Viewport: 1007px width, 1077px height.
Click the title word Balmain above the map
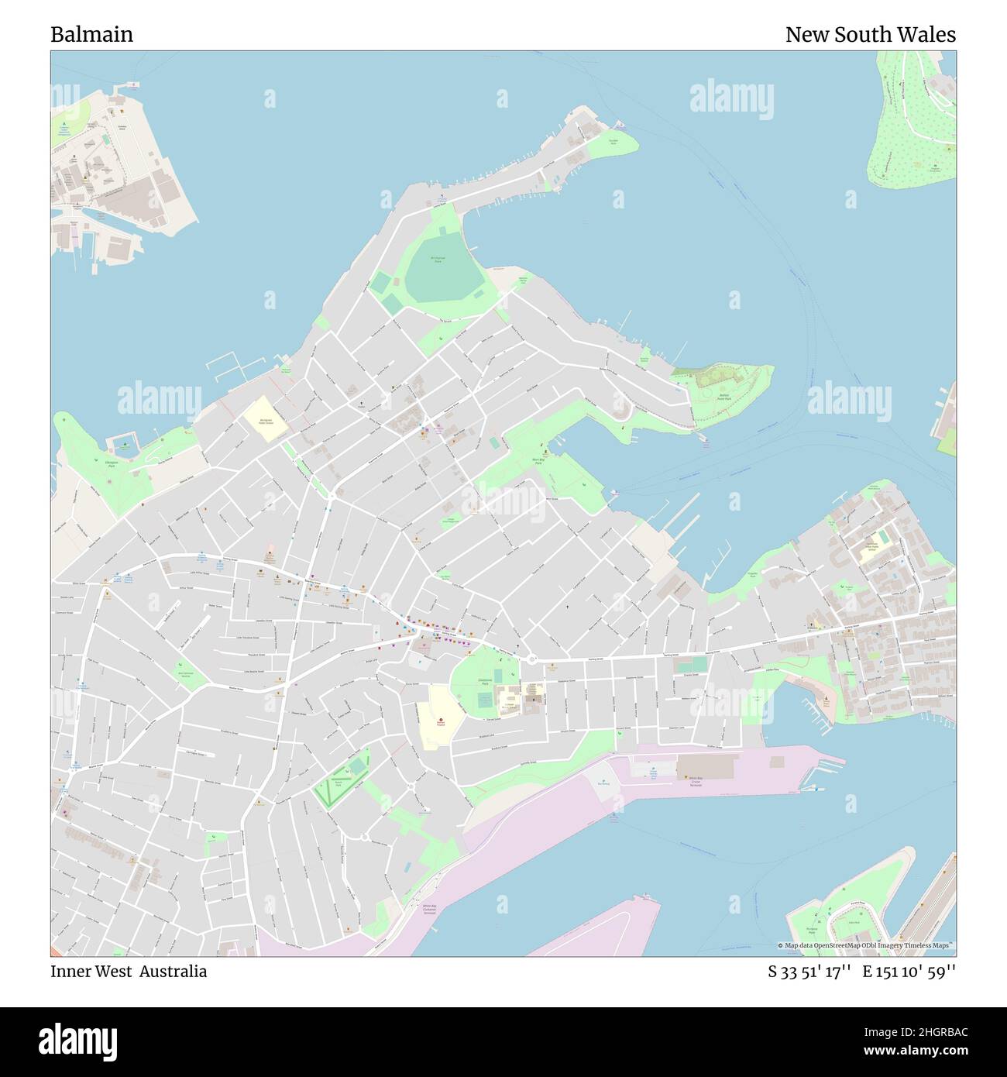(91, 35)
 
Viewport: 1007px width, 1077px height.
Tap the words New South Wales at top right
(870, 35)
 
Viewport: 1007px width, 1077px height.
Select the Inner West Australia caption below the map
(129, 972)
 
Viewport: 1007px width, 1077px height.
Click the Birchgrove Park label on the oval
(438, 261)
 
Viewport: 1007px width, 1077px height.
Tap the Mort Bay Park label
(540, 460)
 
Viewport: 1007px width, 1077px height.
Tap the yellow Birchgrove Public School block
(266, 419)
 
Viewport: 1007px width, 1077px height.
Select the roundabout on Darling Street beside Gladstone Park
(531, 659)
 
